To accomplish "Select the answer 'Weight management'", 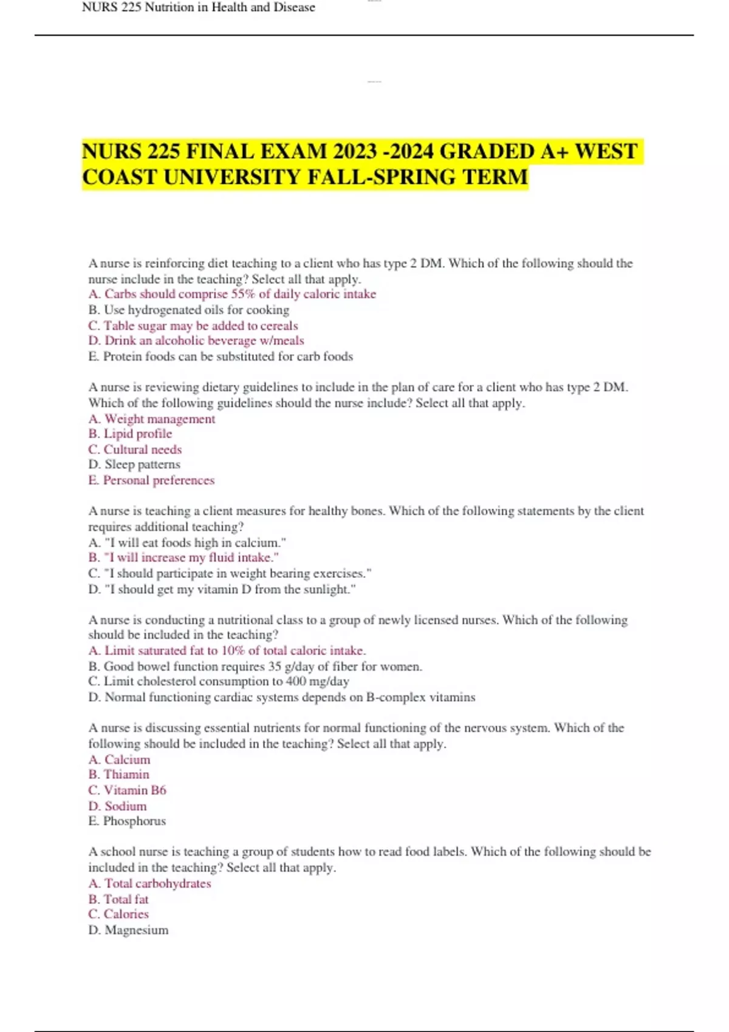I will tap(159, 419).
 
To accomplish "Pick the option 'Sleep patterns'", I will tap(142, 464).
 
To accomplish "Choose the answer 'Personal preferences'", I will tap(159, 480).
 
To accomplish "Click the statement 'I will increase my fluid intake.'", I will tap(191, 557).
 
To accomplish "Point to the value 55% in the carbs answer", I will tap(243, 294).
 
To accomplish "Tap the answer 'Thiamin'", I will tap(126, 775).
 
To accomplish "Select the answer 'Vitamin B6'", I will tap(134, 790).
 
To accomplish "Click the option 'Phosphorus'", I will tap(134, 821).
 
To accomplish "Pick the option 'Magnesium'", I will tap(136, 930).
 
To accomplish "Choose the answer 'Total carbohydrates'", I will tap(157, 883).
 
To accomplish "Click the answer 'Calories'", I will tap(126, 914).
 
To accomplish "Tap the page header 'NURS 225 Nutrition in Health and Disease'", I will tap(199, 7).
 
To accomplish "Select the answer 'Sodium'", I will tap(125, 806).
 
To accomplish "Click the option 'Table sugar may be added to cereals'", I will tap(200, 325).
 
